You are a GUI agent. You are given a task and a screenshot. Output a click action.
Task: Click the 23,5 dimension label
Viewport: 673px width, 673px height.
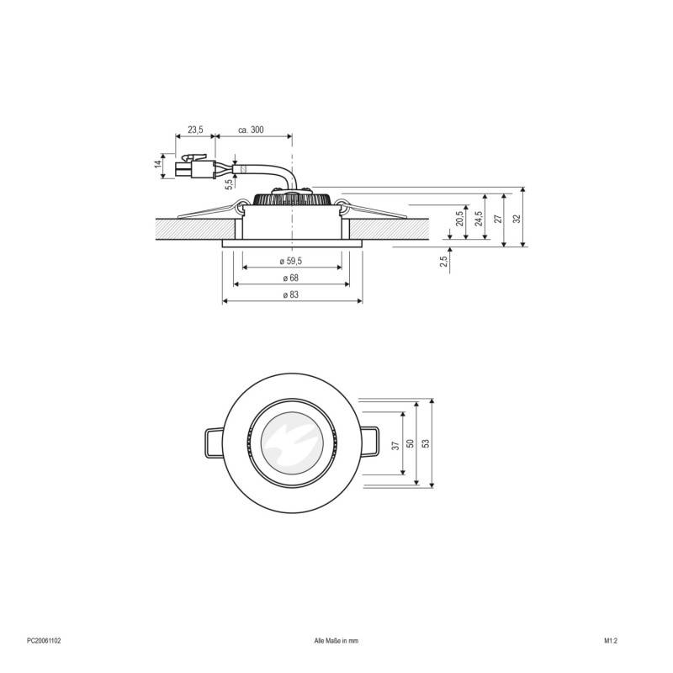(x=194, y=130)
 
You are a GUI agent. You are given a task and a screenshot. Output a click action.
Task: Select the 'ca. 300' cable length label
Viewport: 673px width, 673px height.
(x=252, y=130)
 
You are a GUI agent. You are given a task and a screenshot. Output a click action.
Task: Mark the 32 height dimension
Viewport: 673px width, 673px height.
(x=517, y=216)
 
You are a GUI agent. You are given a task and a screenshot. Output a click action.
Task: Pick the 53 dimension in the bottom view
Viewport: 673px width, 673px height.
(x=426, y=442)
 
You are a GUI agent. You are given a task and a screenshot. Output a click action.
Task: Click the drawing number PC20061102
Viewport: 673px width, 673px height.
(x=43, y=640)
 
